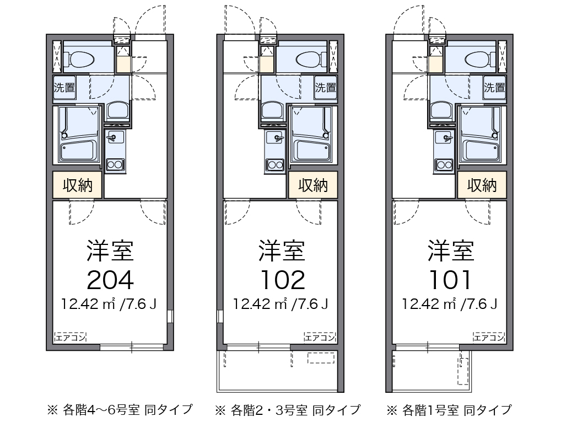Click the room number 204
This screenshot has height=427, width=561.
point(110,280)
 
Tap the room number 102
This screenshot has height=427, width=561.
point(282,280)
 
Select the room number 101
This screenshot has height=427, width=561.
point(451,280)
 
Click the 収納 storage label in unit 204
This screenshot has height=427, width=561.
point(78,185)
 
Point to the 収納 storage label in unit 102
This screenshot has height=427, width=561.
point(313,185)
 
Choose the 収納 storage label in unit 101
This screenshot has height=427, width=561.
point(482,185)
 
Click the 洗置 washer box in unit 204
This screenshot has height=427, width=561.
point(64,87)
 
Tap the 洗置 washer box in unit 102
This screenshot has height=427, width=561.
point(325,87)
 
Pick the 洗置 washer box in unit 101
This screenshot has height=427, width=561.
point(494,87)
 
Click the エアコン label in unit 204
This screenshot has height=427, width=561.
point(70,337)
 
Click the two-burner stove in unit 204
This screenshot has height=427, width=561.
point(116,164)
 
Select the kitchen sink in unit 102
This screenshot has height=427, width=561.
point(274,136)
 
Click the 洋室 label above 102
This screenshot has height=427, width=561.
point(282,250)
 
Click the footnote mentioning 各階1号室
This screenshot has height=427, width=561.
point(449,410)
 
